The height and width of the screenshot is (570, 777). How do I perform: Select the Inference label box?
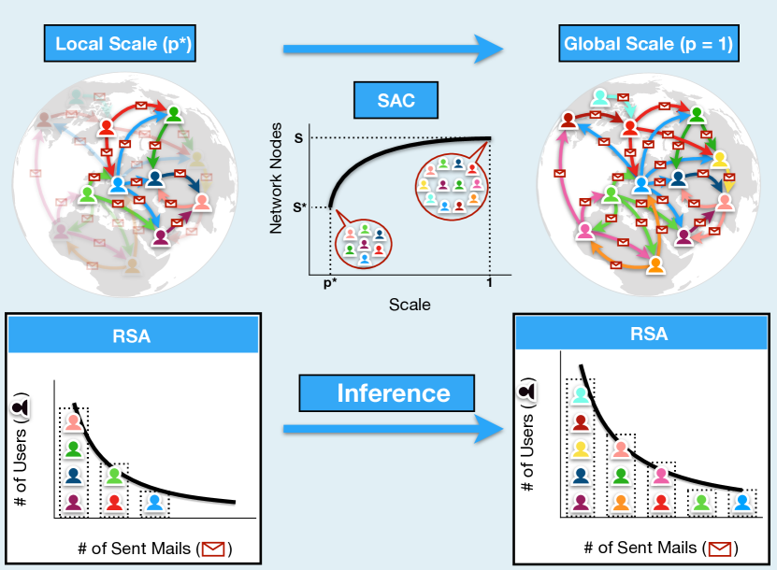coord(394,392)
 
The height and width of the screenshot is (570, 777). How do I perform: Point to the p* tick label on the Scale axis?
coord(329,283)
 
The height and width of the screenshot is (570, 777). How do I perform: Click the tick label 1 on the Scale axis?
coord(489,283)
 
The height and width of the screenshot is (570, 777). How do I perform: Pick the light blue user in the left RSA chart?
coord(155,503)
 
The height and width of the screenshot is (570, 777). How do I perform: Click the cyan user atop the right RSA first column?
coord(581,396)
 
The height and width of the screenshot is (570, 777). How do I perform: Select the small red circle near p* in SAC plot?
coord(364,244)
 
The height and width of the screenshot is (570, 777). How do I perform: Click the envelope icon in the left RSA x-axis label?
coord(214,549)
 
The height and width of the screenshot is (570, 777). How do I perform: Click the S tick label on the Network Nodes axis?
coord(298,138)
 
